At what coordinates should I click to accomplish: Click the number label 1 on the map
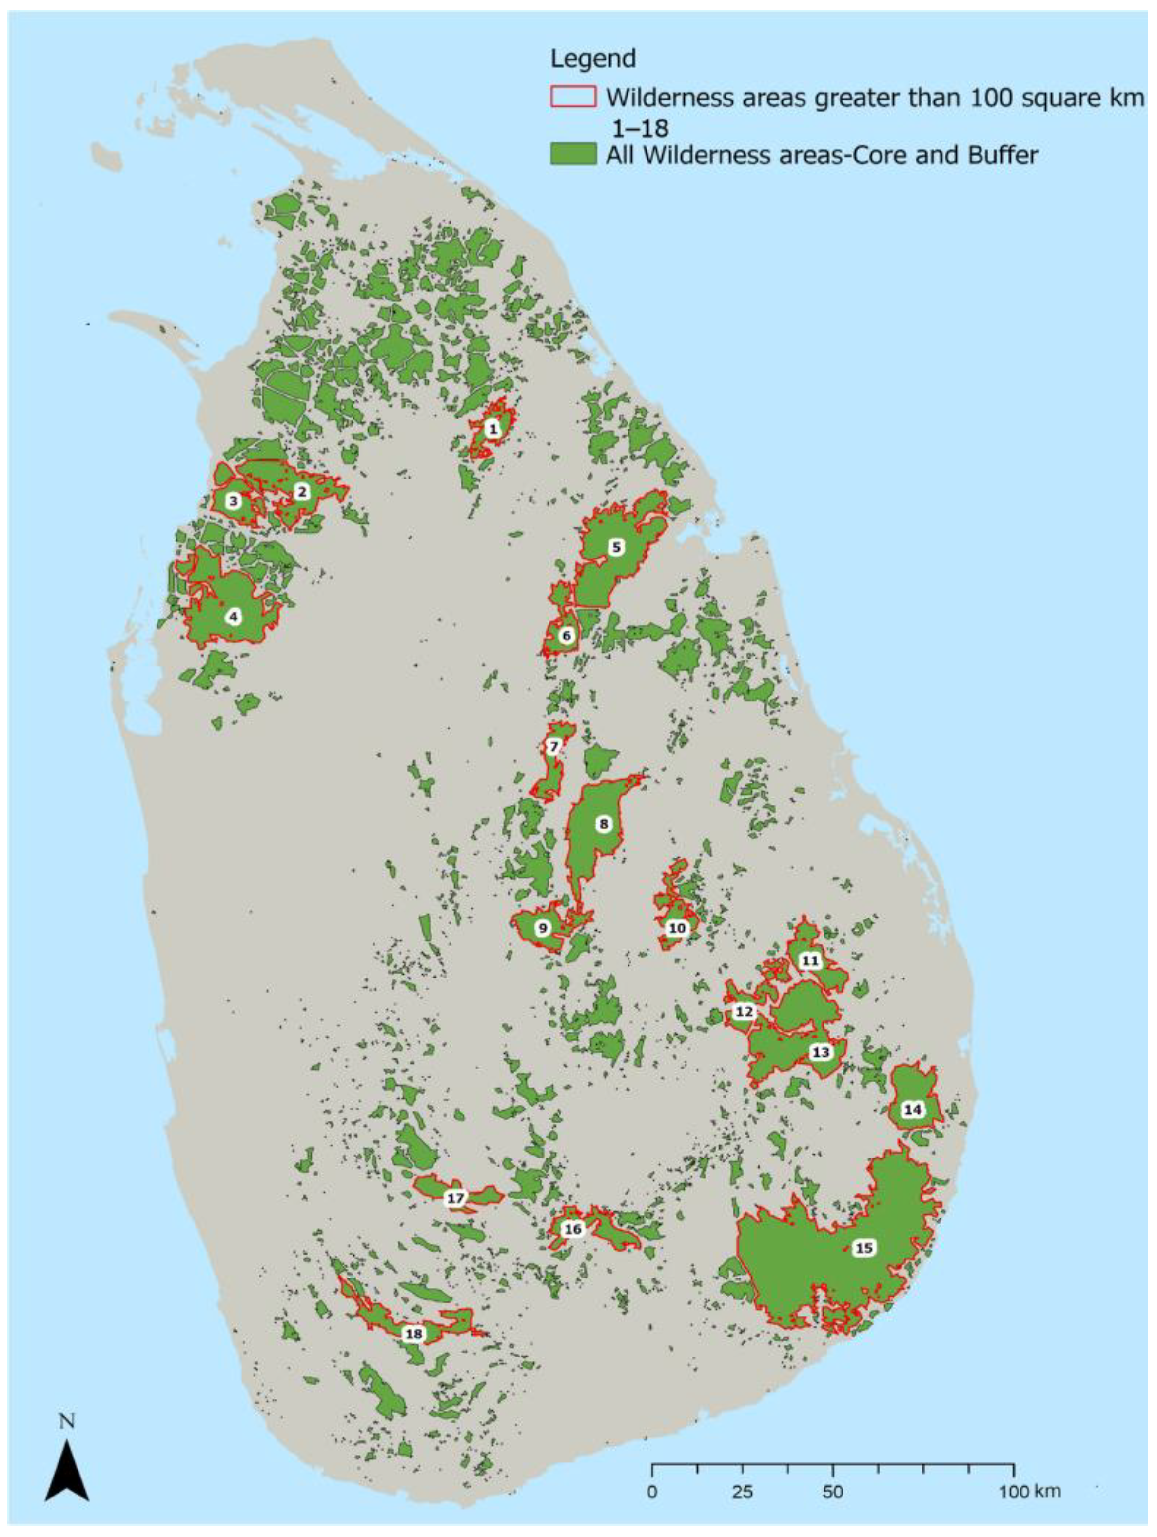click(x=492, y=429)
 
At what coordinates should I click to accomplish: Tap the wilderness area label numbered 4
click(x=234, y=616)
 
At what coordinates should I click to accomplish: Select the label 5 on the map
click(x=615, y=547)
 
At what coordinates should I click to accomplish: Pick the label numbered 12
click(x=743, y=1011)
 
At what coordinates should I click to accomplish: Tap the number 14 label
click(x=913, y=1110)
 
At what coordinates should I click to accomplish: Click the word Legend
click(x=592, y=59)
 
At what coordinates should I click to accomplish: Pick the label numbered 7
click(x=553, y=747)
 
